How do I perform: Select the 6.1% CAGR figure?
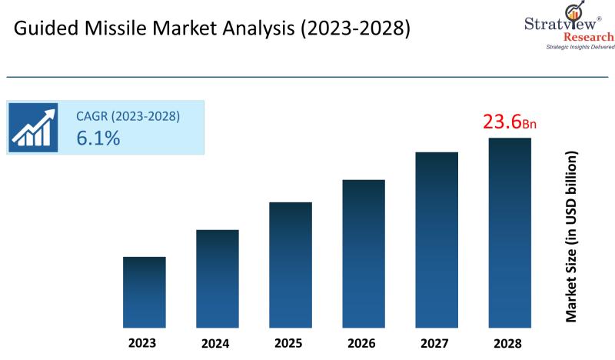pyautogui.click(x=98, y=138)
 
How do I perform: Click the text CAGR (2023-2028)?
pyautogui.click(x=128, y=117)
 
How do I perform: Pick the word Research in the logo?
pyautogui.click(x=588, y=36)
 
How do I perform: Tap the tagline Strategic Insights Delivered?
pyautogui.click(x=579, y=47)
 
